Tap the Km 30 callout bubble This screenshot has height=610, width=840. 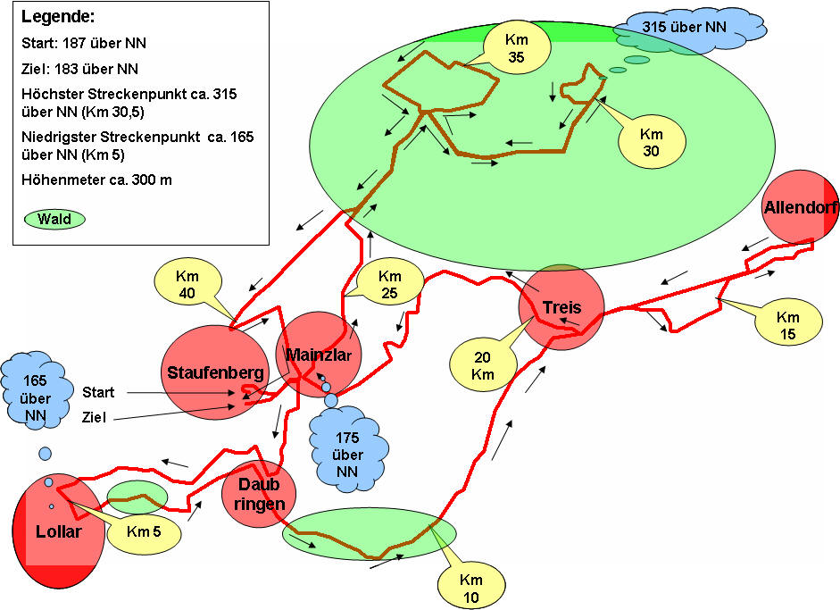[x=651, y=139]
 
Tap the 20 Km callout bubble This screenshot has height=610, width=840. [x=483, y=363]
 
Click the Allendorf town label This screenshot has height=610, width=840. [x=800, y=207]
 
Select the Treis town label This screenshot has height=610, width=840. [x=561, y=309]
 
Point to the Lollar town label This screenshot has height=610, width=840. [x=59, y=532]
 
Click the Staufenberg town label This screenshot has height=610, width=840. [x=213, y=373]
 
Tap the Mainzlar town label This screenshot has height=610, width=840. [x=319, y=355]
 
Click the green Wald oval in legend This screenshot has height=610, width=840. [x=54, y=218]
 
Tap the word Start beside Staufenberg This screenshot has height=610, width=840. [x=99, y=392]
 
